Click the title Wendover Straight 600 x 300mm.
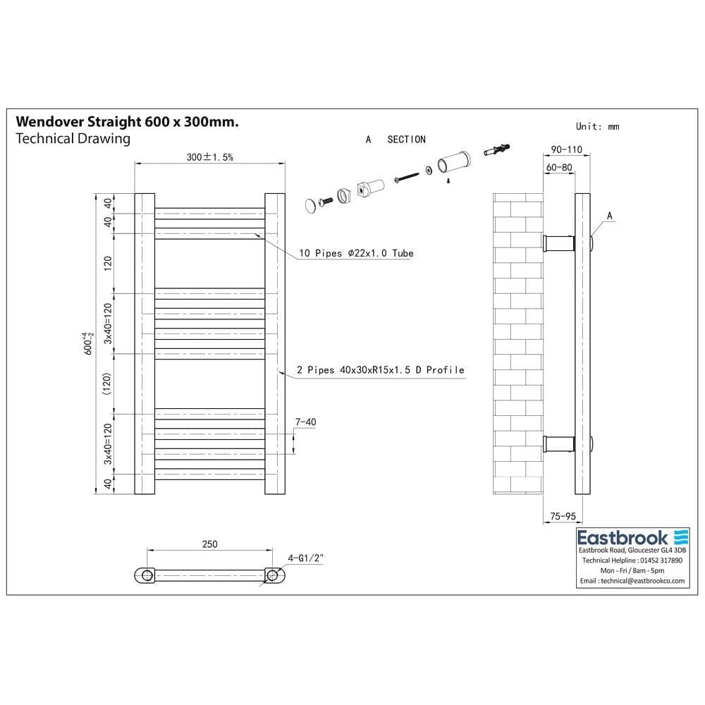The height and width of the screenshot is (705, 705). [x=127, y=122]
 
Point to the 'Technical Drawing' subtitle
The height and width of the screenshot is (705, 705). [x=73, y=138]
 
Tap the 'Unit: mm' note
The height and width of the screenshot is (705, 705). [x=597, y=126]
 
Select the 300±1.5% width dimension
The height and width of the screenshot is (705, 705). [x=210, y=157]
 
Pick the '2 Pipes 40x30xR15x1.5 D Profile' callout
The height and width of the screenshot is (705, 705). [x=381, y=369]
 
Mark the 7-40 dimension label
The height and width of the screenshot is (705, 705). [x=305, y=422]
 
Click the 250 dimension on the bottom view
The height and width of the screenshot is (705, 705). [x=209, y=544]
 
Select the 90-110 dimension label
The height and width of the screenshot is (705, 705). [x=567, y=149]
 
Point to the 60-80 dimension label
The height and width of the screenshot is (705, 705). [x=558, y=167]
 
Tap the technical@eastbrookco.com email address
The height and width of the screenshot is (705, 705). [x=632, y=580]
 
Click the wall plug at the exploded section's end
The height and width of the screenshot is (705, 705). [x=498, y=150]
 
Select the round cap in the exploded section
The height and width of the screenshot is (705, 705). [x=312, y=205]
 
